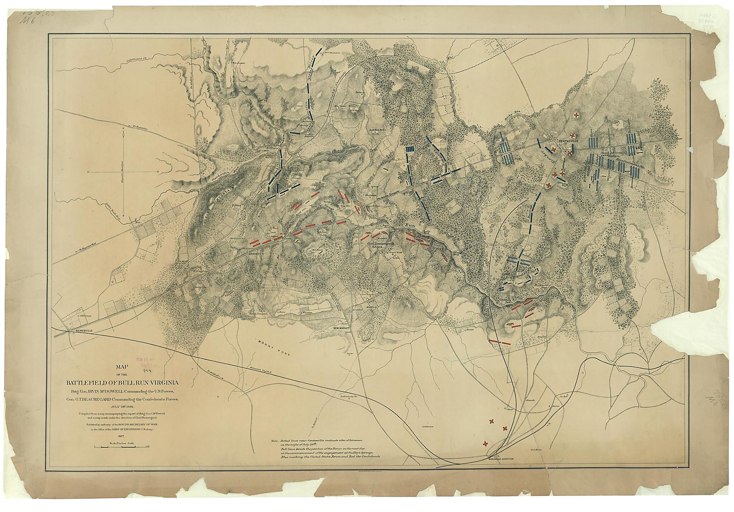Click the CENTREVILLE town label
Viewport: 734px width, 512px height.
click(568, 141)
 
